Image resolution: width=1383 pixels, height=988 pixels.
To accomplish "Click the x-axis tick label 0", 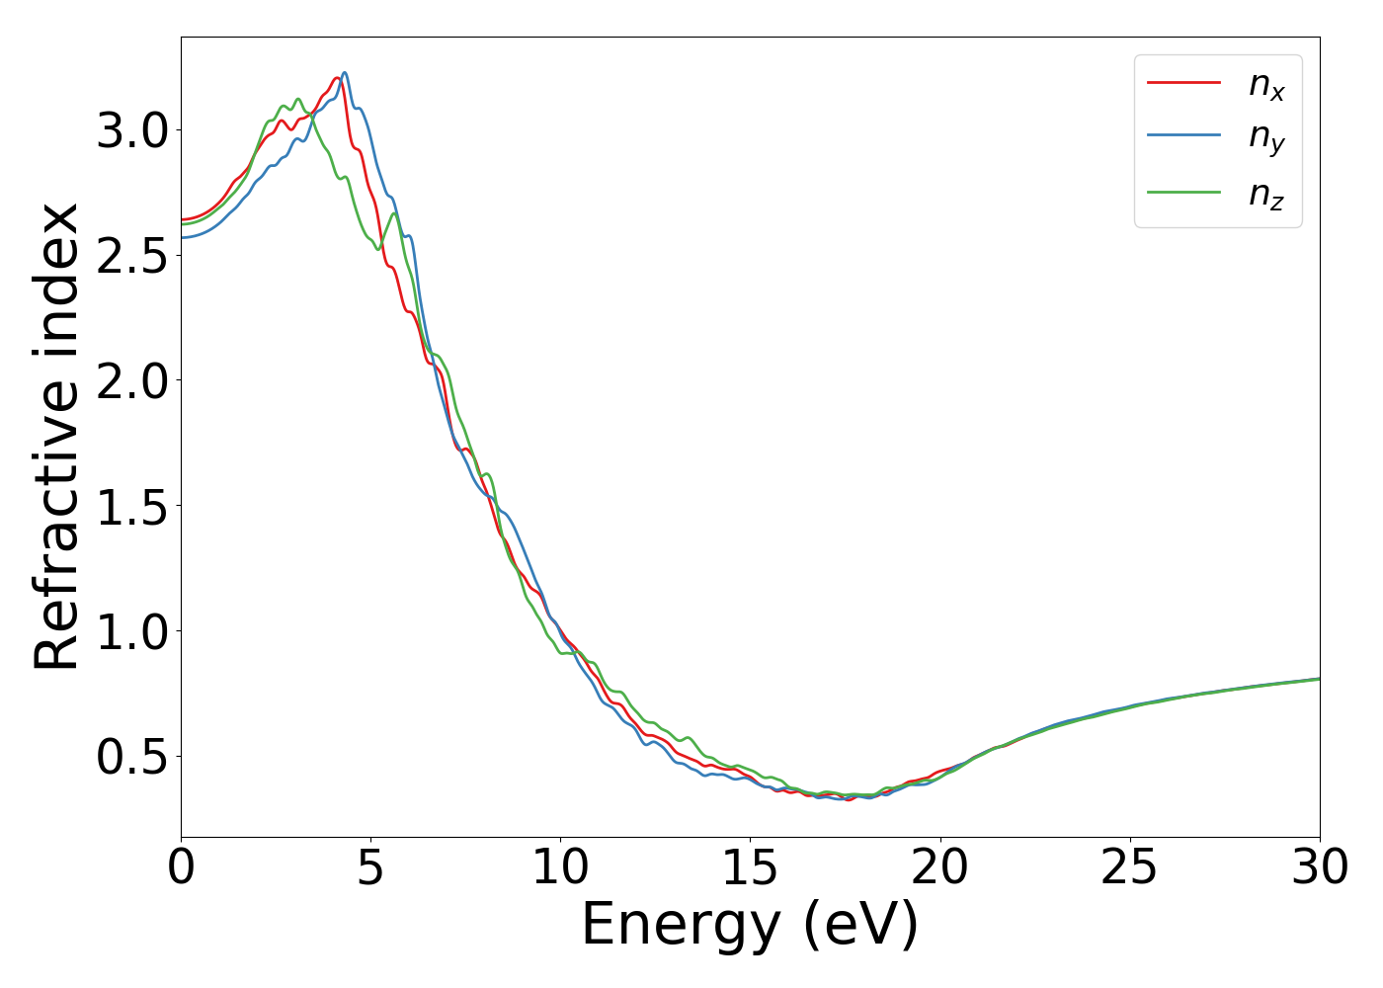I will pos(181,868).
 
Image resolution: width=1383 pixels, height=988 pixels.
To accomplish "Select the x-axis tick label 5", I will pos(370,868).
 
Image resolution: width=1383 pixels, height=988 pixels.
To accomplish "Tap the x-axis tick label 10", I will pos(560,868).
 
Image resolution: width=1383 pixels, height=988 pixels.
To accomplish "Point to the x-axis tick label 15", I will pos(750,868).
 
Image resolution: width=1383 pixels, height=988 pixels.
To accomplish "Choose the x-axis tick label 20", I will pos(939,868).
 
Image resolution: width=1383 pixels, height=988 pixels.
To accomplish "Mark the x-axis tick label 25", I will pos(1129,868).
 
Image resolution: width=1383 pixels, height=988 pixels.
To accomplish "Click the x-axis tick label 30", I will pos(1319,868).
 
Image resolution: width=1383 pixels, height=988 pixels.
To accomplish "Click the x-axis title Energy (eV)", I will pos(750,927).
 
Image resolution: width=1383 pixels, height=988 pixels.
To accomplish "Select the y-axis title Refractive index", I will pos(56,437).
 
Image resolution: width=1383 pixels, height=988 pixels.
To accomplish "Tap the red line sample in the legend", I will pos(1183,83).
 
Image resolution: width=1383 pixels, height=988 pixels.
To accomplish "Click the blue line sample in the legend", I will pos(1183,137).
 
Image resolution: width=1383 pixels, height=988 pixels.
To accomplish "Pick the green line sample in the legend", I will pos(1183,192).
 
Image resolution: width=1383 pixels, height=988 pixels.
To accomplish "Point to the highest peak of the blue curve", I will pos(344,72).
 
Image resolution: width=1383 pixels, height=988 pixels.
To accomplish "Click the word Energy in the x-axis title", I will pos(681,927).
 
